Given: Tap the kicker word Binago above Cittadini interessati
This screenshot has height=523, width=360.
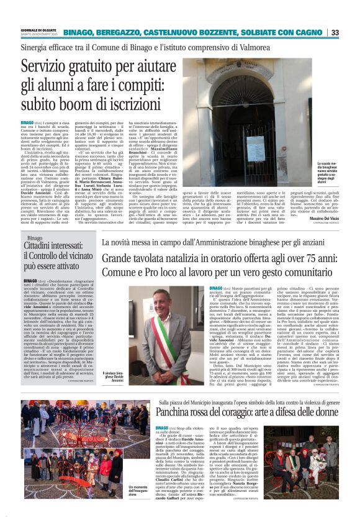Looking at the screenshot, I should (35, 239).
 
